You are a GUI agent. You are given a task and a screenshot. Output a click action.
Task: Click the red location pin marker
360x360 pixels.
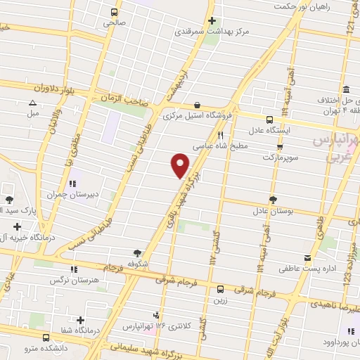(x=181, y=165)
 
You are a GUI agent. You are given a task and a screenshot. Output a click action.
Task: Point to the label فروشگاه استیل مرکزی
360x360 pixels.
(x=195, y=116)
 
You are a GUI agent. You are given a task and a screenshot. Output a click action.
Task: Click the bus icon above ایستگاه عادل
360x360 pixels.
(x=269, y=120)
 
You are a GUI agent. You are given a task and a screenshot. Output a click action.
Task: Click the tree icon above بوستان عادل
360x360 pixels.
(x=273, y=200)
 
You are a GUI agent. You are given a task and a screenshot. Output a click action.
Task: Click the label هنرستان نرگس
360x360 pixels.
(x=71, y=281)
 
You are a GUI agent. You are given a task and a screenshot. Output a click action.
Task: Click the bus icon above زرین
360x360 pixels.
(x=220, y=288)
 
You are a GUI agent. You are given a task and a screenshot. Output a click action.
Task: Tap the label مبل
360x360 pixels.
(x=32, y=112)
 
